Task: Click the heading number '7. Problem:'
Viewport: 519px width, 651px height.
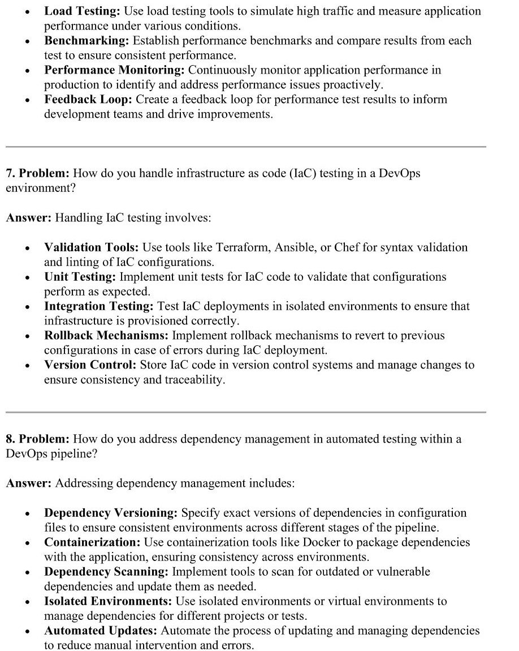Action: click(x=37, y=173)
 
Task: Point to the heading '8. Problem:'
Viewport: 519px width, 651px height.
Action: click(x=37, y=439)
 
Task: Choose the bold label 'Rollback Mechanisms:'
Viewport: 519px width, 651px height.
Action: click(x=106, y=336)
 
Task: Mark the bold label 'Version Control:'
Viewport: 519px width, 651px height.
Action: click(x=90, y=365)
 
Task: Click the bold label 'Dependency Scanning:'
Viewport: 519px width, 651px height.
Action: click(x=106, y=571)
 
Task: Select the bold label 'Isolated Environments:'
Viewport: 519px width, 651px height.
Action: click(x=108, y=601)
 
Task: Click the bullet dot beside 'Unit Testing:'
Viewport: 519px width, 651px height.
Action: click(x=27, y=278)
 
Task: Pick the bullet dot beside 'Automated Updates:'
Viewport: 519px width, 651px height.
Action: click(x=27, y=631)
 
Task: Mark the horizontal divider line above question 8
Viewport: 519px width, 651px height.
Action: click(x=246, y=412)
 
